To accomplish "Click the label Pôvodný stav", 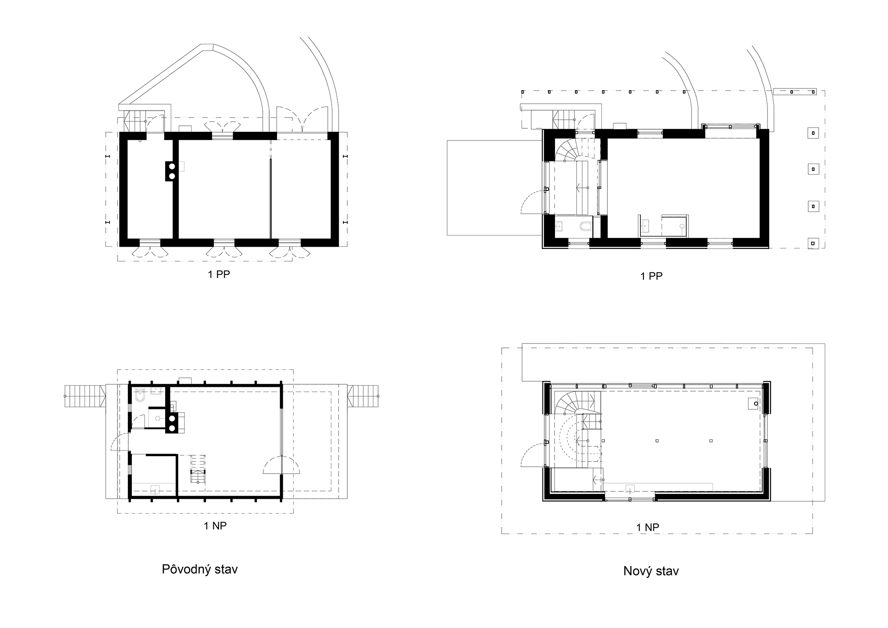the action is pyautogui.click(x=200, y=569).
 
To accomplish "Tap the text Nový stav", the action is pyautogui.click(x=651, y=571).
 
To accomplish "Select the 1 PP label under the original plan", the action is pyautogui.click(x=219, y=275).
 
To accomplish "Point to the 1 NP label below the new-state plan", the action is pyautogui.click(x=648, y=527).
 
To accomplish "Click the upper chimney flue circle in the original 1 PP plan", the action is pyautogui.click(x=172, y=166).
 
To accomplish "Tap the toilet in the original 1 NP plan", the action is pyautogui.click(x=140, y=396).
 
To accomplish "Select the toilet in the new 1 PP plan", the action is pyautogui.click(x=585, y=226).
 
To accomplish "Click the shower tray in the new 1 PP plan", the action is pyautogui.click(x=675, y=226).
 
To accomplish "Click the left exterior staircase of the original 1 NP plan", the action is pyautogui.click(x=85, y=396).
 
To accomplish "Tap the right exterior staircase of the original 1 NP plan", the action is pyautogui.click(x=363, y=396).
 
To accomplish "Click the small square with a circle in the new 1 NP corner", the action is pyautogui.click(x=754, y=403).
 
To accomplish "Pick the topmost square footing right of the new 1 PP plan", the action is pyautogui.click(x=813, y=133).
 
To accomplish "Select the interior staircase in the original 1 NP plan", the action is pyautogui.click(x=198, y=469).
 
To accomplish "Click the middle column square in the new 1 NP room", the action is pyautogui.click(x=657, y=441).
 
